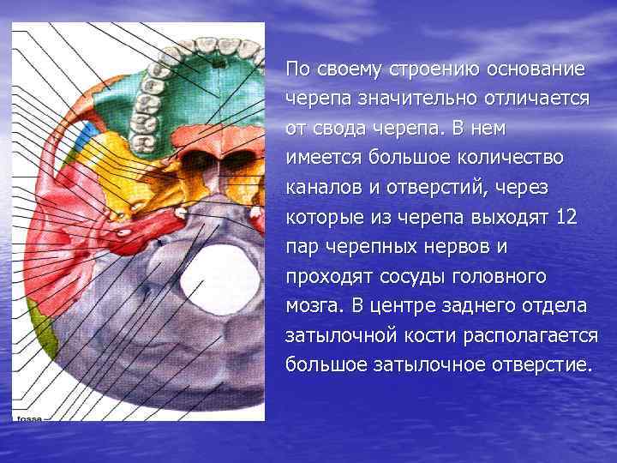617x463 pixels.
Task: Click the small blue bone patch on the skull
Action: point(84,135)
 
